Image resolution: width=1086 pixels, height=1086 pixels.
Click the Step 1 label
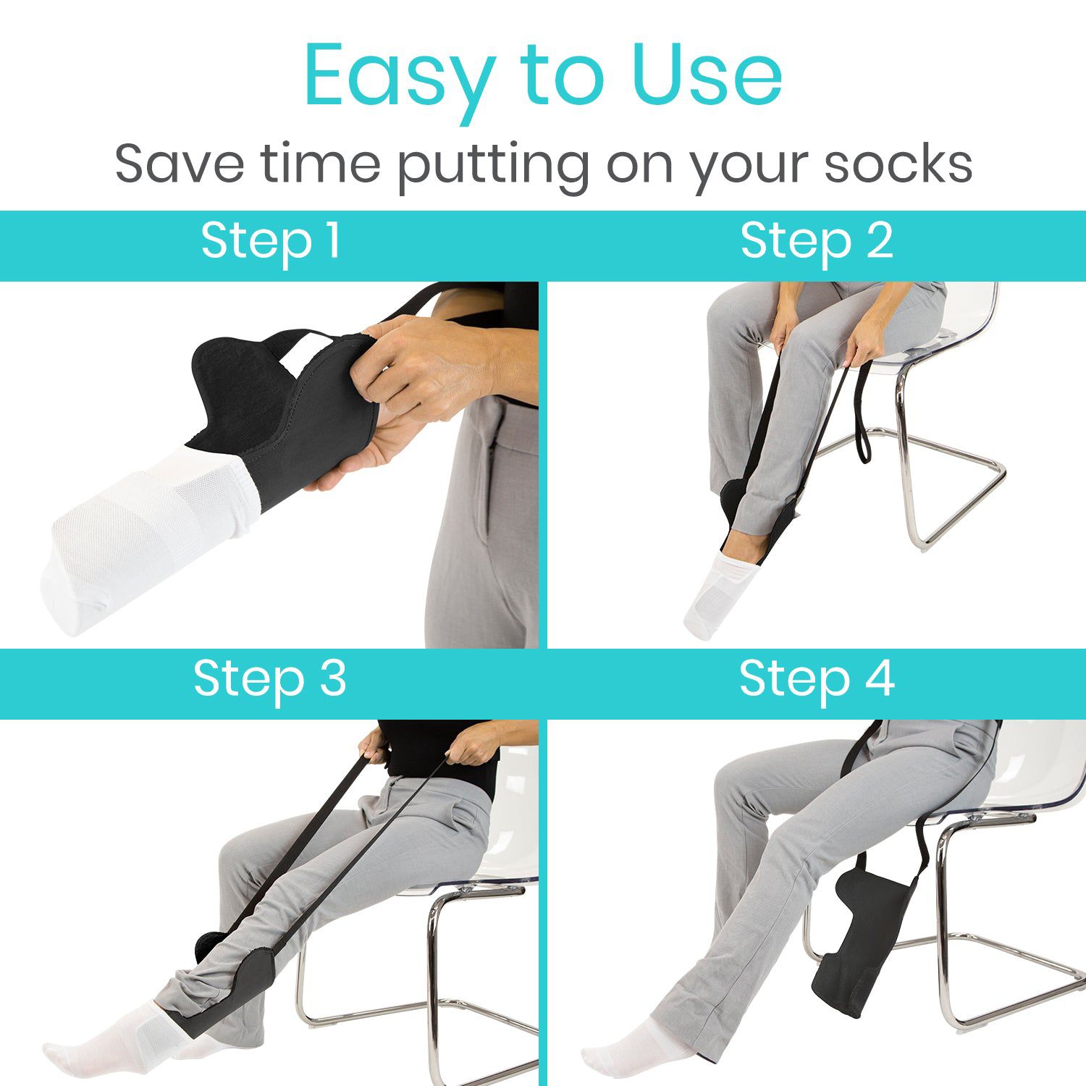pos(271,241)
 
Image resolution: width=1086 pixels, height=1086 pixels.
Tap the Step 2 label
pos(817,241)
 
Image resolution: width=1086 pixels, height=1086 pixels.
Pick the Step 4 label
pos(817,679)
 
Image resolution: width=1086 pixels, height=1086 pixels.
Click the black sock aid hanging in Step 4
pos(862,934)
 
